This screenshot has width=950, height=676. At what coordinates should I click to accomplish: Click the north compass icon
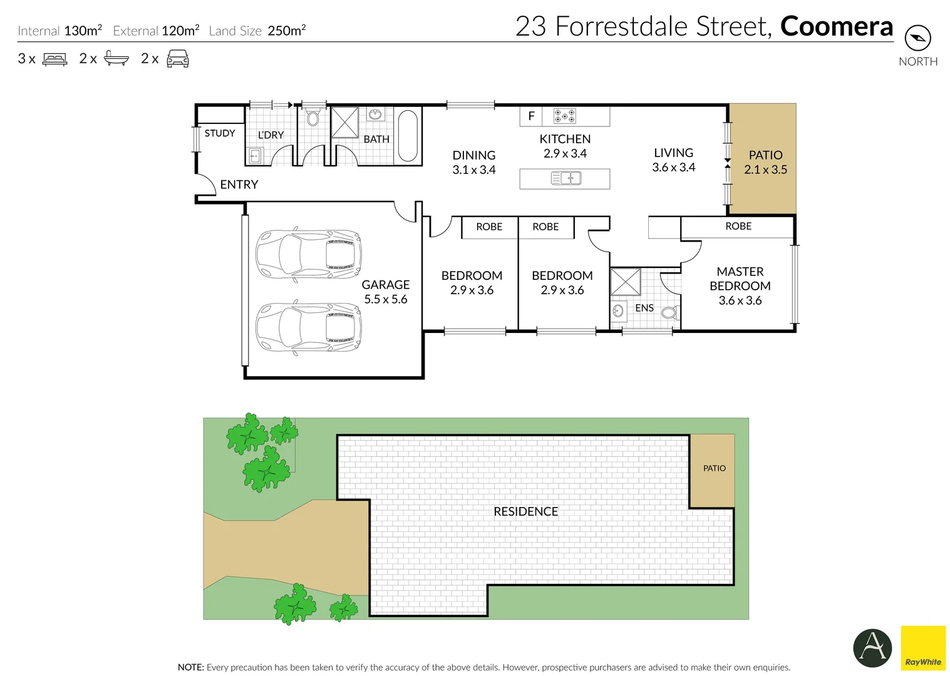[917, 38]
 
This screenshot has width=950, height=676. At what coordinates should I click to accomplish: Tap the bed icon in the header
[54, 59]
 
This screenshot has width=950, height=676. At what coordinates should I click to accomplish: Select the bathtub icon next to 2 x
[116, 59]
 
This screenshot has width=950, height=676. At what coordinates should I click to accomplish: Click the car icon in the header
[178, 59]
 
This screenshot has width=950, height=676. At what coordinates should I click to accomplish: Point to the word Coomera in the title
[837, 27]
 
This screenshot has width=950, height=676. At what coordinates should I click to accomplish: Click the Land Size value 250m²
[286, 31]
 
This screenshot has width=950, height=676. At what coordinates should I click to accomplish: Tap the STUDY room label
[220, 133]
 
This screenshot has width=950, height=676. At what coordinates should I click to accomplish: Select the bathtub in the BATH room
[408, 136]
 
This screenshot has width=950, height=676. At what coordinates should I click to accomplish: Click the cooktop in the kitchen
[564, 116]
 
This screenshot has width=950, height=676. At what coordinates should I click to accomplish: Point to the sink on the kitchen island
[566, 178]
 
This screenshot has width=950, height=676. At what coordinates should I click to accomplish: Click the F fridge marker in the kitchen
[531, 116]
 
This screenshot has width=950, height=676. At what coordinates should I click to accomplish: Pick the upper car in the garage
[308, 254]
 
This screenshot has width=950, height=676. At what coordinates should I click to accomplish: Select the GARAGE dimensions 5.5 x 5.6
[386, 299]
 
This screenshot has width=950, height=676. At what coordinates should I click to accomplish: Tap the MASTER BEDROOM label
[740, 279]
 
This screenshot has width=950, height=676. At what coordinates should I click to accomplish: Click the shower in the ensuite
[626, 282]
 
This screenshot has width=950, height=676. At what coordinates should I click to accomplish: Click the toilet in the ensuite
[669, 312]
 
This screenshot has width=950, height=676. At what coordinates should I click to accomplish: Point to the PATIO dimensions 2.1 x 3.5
[765, 170]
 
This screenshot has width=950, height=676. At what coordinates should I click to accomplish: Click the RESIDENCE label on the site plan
[525, 511]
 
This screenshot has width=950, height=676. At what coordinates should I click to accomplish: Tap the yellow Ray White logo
[923, 648]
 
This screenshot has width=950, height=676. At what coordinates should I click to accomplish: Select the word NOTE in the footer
[190, 667]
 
